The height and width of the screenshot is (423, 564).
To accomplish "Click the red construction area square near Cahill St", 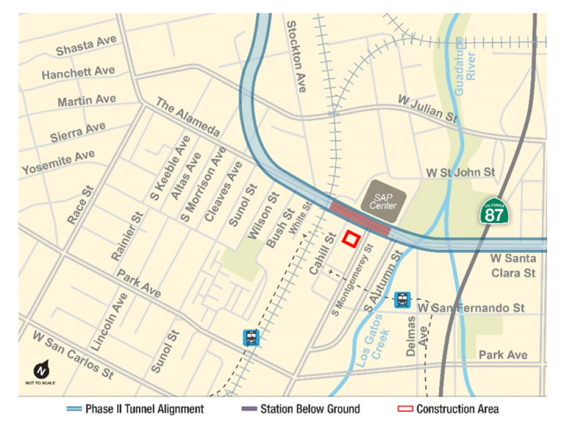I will [x=351, y=239].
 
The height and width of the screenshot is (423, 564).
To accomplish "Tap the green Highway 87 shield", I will [x=495, y=210].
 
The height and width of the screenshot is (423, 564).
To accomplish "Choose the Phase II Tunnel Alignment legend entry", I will [x=135, y=409].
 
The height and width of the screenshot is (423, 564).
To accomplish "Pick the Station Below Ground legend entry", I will [x=301, y=409].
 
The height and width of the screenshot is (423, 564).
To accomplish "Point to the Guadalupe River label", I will [x=465, y=66].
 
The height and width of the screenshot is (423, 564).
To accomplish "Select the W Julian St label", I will [x=428, y=108].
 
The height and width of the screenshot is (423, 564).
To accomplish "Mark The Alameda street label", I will [x=188, y=117].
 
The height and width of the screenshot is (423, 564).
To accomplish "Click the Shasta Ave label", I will [x=86, y=46].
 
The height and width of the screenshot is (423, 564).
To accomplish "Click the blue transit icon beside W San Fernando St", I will [x=402, y=299].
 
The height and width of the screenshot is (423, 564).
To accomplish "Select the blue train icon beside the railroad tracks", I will [x=251, y=338].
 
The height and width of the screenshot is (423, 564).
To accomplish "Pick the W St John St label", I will [x=461, y=172].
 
